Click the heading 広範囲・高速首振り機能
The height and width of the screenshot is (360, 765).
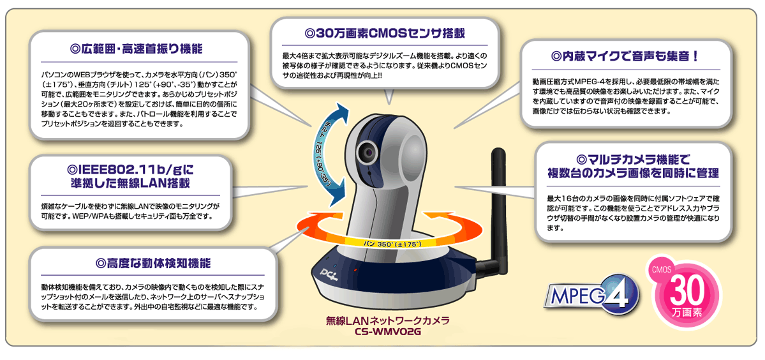pyautogui.click(x=136, y=50)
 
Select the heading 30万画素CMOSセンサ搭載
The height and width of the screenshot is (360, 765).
pyautogui.click(x=385, y=34)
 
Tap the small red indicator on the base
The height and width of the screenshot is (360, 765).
pyautogui.click(x=355, y=269)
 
